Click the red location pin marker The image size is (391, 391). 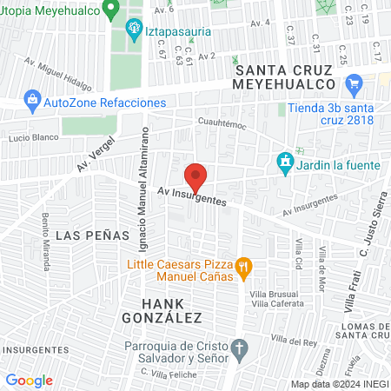click(196, 177)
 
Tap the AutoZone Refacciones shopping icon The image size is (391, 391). click(33, 102)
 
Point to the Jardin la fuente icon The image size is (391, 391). click(284, 162)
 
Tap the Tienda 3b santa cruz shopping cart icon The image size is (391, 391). click(353, 85)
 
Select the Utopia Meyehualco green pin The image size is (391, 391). click(110, 10)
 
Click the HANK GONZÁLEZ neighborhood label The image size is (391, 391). click(173, 310)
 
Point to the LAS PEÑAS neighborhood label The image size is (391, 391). click(81, 235)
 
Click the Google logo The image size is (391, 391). click(29, 381)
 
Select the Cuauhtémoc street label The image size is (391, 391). click(222, 124)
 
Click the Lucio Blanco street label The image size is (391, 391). click(32, 138)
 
